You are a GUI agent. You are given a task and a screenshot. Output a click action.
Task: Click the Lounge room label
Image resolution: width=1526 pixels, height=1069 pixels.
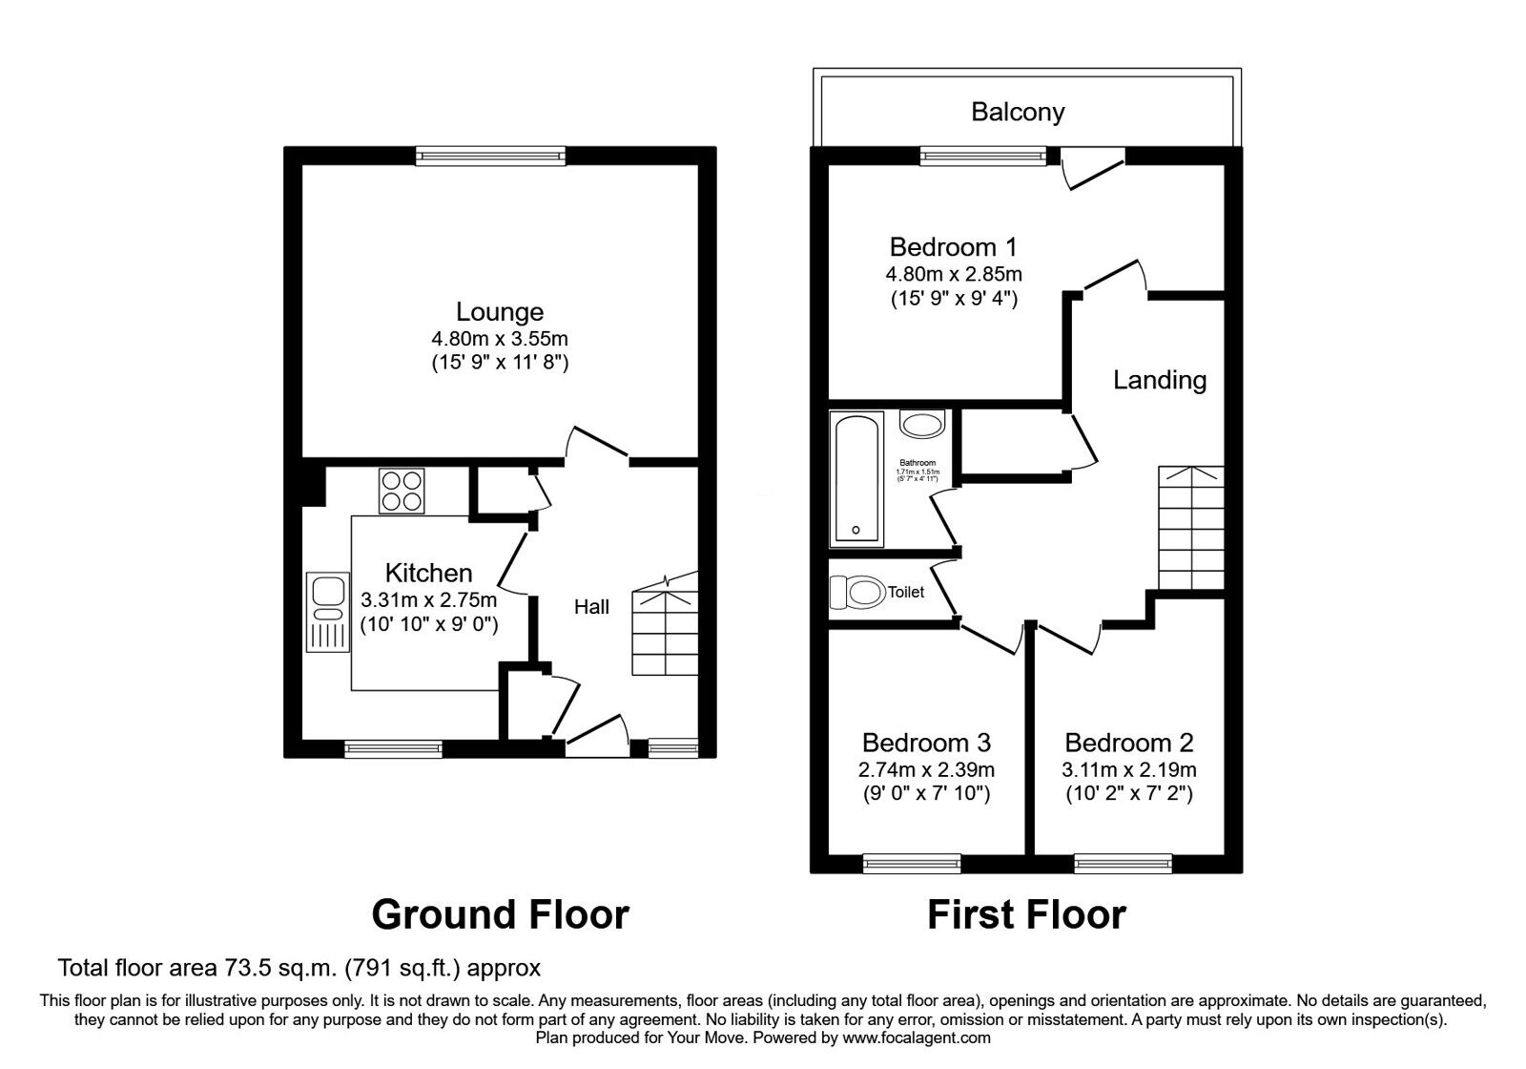pyautogui.click(x=499, y=312)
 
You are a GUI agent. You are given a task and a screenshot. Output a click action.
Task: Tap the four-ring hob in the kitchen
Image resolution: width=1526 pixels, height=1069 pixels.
pyautogui.click(x=402, y=492)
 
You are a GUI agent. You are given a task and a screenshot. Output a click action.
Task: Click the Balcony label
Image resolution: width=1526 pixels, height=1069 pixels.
pyautogui.click(x=1018, y=113)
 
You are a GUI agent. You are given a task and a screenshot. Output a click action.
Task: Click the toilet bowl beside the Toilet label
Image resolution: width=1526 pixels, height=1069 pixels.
pyautogui.click(x=856, y=592)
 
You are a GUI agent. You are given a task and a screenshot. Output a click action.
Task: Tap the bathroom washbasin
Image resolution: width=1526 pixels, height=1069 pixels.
pyautogui.click(x=921, y=424)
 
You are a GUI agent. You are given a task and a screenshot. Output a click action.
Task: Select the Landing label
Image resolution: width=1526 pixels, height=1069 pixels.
pyautogui.click(x=1159, y=380)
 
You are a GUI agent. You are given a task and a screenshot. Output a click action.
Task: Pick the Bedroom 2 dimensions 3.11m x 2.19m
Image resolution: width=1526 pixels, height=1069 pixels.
pyautogui.click(x=1128, y=769)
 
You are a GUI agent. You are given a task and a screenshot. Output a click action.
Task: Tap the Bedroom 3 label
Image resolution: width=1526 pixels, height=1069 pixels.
pyautogui.click(x=926, y=743)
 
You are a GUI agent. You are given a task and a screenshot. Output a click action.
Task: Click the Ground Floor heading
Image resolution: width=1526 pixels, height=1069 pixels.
pyautogui.click(x=500, y=914)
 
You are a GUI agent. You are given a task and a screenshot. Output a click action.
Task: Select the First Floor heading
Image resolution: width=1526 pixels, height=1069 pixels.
pyautogui.click(x=1026, y=914)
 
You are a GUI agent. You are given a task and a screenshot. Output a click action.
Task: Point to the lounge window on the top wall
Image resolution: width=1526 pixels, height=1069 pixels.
pyautogui.click(x=490, y=156)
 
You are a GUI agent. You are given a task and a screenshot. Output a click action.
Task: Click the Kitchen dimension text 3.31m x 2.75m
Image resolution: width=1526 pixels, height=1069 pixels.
pyautogui.click(x=428, y=600)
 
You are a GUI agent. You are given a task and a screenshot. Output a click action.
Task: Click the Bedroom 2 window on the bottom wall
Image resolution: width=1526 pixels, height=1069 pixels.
pyautogui.click(x=1123, y=863)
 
